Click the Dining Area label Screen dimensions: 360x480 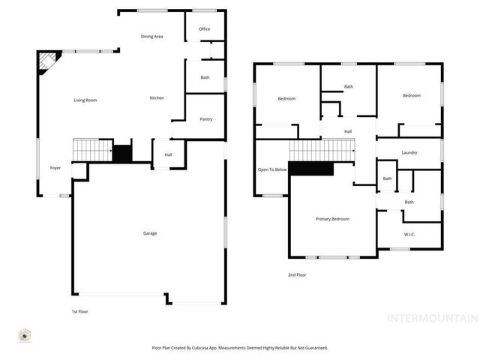[x=152, y=37]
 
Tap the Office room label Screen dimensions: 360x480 [x=204, y=29]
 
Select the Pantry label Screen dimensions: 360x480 [x=205, y=119]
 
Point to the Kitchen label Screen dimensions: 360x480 [x=157, y=98]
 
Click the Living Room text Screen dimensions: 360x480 [x=85, y=100]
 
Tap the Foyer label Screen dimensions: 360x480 [x=55, y=168]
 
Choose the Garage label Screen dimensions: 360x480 [x=150, y=233]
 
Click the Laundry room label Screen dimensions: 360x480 [x=409, y=153]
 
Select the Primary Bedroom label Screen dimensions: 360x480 [x=332, y=219]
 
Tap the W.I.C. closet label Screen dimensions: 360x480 [x=409, y=235]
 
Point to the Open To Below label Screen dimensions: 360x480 [x=272, y=169]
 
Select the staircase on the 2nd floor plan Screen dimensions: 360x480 [x=321, y=151]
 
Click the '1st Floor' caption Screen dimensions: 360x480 [x=80, y=310]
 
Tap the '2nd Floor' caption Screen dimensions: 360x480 [x=297, y=275]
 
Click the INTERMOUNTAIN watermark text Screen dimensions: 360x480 [x=431, y=318]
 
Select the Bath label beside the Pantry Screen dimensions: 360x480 [x=205, y=78]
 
